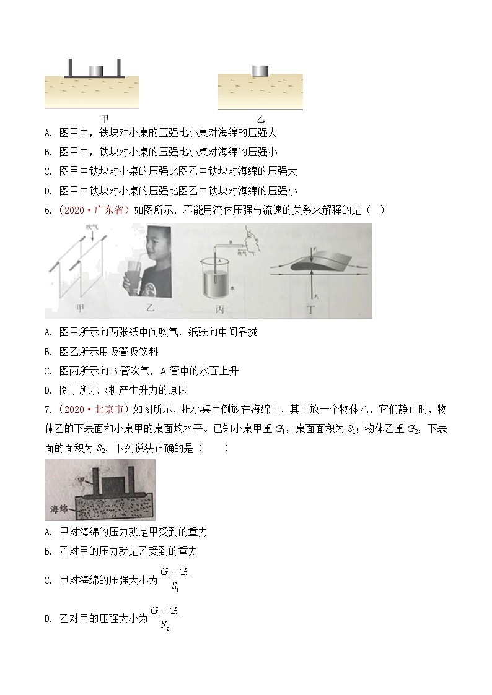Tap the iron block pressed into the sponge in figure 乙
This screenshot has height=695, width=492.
tap(260, 71)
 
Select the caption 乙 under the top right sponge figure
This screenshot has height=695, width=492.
tap(260, 118)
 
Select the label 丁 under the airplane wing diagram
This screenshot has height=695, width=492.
tap(322, 308)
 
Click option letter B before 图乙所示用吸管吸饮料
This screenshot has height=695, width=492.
tap(48, 352)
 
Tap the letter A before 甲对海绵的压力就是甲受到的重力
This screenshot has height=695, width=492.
tap(48, 532)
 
